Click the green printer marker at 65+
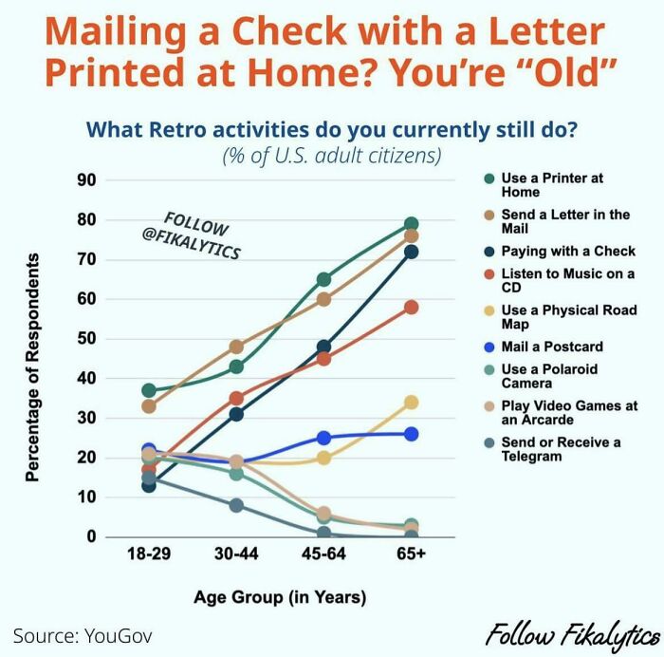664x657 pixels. (412, 224)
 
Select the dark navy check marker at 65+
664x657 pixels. (412, 252)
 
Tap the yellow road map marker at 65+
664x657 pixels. (412, 402)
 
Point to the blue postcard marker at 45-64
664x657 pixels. (324, 438)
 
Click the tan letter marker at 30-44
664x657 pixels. (236, 347)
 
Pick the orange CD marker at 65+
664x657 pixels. (412, 307)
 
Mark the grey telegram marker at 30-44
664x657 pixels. (236, 505)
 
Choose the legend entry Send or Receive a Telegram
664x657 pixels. (560, 449)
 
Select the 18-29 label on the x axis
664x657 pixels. (149, 554)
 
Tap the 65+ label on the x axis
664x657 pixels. (412, 554)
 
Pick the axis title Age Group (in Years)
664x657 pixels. (280, 597)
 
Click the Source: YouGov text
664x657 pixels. (83, 634)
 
